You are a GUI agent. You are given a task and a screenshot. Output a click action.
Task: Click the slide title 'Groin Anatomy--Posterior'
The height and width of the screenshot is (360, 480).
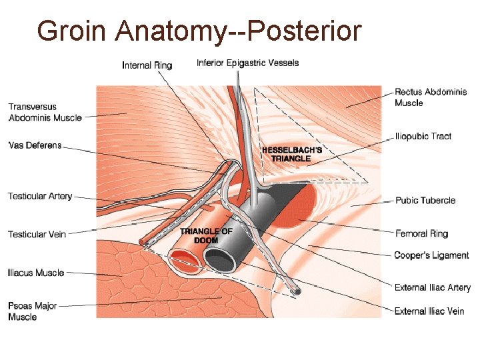pyautogui.click(x=199, y=31)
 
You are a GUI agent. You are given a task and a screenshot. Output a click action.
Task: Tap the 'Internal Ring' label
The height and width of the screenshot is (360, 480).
pyautogui.click(x=147, y=65)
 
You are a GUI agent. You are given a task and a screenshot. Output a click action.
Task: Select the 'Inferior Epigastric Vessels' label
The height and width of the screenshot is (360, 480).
pyautogui.click(x=247, y=63)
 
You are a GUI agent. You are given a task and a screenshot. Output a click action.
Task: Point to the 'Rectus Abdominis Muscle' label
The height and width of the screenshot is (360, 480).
pyautogui.click(x=430, y=97)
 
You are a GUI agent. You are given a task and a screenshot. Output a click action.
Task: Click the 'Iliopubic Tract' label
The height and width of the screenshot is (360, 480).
pyautogui.click(x=423, y=136)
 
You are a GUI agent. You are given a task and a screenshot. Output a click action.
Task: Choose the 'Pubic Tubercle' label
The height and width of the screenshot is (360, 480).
pyautogui.click(x=425, y=200)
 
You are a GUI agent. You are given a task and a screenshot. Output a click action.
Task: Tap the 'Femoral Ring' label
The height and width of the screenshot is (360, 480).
pyautogui.click(x=421, y=233)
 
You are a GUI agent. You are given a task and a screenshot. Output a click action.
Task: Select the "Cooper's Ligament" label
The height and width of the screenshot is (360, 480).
pyautogui.click(x=431, y=255)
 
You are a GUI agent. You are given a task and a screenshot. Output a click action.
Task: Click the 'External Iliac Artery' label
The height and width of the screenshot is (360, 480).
pyautogui.click(x=432, y=287)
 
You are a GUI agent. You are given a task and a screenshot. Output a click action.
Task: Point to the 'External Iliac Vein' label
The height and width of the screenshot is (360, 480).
pyautogui.click(x=429, y=311)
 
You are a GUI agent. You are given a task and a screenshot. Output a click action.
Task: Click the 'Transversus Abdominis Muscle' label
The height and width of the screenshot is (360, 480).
pyautogui.click(x=45, y=112)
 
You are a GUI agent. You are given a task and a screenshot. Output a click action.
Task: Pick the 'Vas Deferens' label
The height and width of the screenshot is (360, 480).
pyautogui.click(x=35, y=145)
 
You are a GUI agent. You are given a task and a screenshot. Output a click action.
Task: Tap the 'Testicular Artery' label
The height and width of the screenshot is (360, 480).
pyautogui.click(x=40, y=196)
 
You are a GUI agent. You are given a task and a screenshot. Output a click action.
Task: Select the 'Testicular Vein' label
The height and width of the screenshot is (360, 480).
pyautogui.click(x=37, y=234)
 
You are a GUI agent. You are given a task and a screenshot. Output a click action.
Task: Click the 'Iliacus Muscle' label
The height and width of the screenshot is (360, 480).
pyautogui.click(x=36, y=273)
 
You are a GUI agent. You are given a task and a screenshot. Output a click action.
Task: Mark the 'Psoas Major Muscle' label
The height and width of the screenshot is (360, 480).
pyautogui.click(x=33, y=311)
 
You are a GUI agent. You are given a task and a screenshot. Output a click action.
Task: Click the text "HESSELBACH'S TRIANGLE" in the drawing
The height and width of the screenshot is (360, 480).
pyautogui.click(x=291, y=154)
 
